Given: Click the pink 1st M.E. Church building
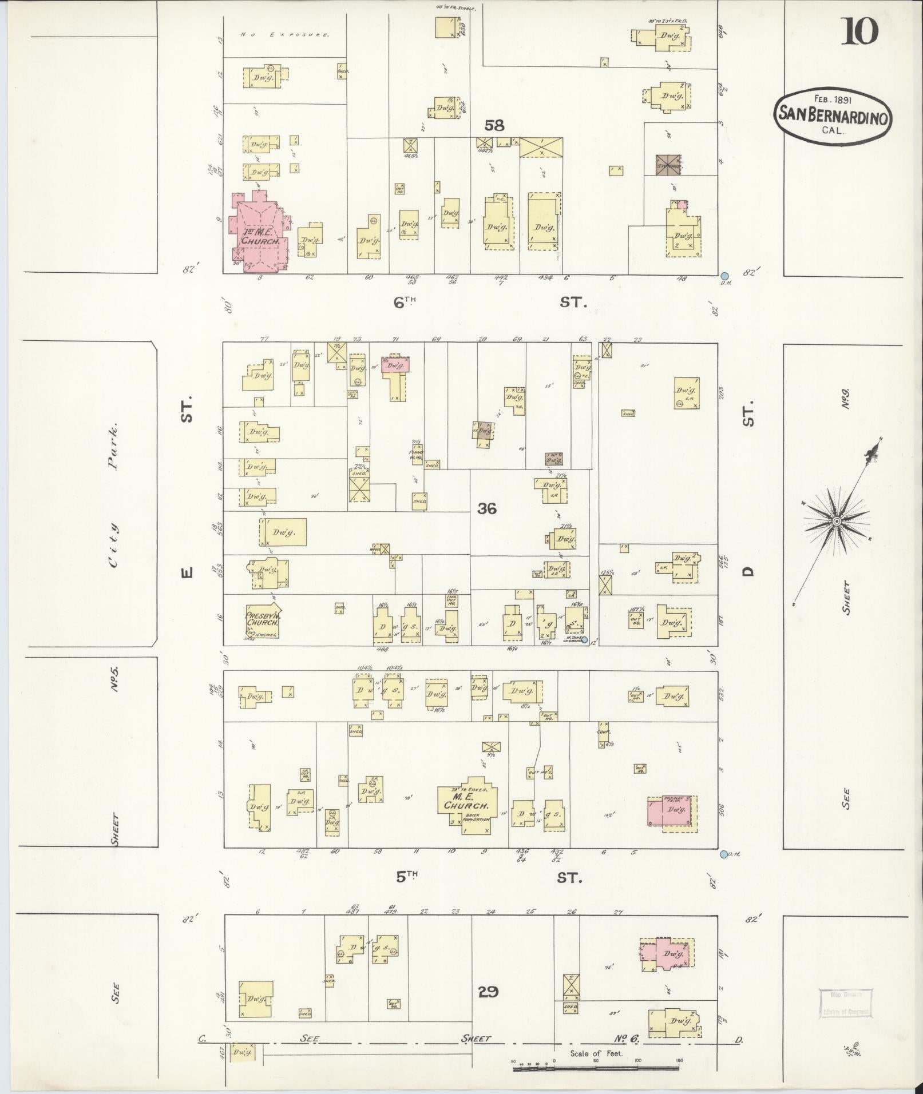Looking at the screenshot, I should [258, 234].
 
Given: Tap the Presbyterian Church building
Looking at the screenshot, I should [262, 621].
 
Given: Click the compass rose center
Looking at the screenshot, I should [836, 521].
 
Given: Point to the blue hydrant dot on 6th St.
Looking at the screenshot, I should [724, 276].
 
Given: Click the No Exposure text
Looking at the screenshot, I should [285, 34].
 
